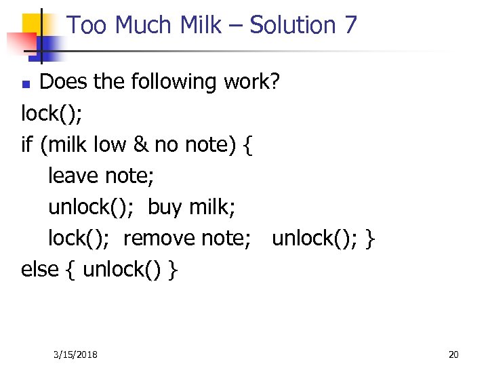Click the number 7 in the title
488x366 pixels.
pyautogui.click(x=350, y=26)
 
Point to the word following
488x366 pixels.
pyautogui.click(x=173, y=82)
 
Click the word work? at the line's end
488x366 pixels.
pyautogui.click(x=250, y=82)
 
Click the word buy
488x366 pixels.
pyautogui.click(x=165, y=207)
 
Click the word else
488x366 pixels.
pyautogui.click(x=40, y=269)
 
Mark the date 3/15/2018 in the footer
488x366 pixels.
pyautogui.click(x=75, y=354)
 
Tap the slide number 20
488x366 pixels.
pyautogui.click(x=453, y=354)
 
